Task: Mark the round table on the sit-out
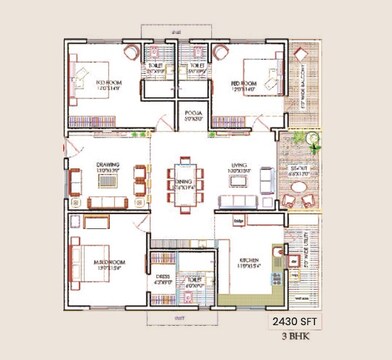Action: click(x=312, y=137)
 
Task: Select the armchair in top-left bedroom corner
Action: click(x=129, y=51)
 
